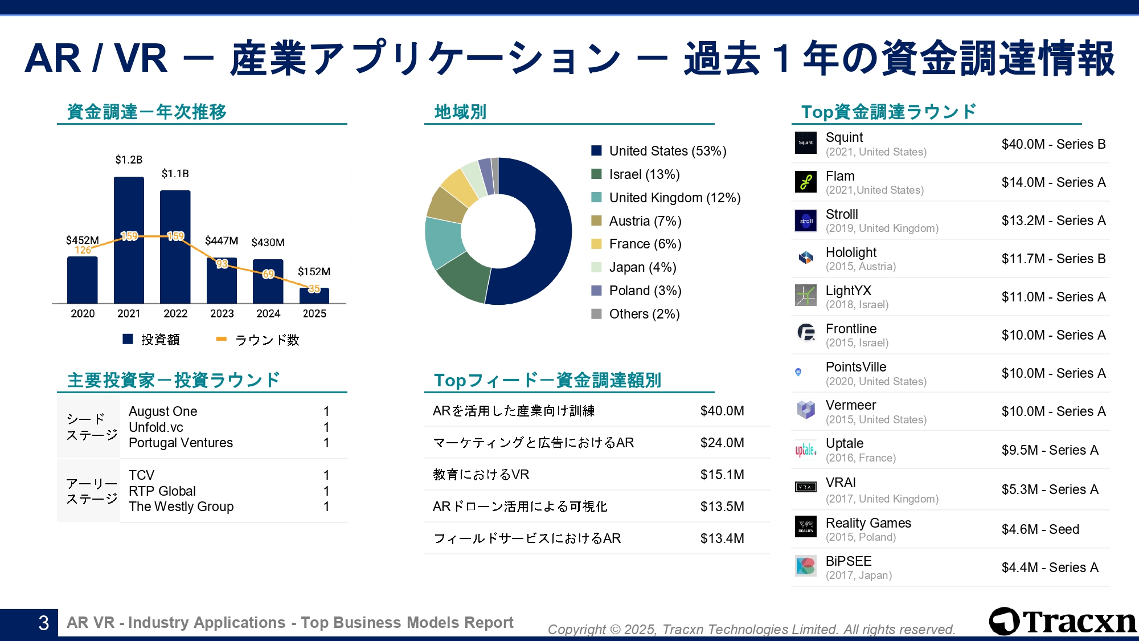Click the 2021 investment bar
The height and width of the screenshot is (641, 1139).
pos(129,239)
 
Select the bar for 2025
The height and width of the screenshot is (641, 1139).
pos(314,296)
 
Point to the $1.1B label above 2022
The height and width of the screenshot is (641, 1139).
pos(175,174)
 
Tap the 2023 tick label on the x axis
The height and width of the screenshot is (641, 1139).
pos(222,313)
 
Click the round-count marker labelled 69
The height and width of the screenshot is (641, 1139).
pos(268,274)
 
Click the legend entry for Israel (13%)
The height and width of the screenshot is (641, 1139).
pos(644,174)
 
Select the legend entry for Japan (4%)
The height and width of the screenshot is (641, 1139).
pos(642,267)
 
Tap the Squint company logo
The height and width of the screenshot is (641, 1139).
pos(806,143)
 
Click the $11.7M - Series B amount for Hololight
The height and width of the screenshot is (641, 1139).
pos(1053,259)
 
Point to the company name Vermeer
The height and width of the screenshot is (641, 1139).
pos(851,405)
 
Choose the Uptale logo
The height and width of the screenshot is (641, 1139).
pos(806,450)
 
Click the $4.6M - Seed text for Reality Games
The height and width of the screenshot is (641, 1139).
pos(1040,529)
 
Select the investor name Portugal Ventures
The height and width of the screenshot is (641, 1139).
pos(181,443)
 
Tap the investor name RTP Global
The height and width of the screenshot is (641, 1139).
pos(162,491)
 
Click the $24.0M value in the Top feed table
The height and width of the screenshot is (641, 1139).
pos(722,443)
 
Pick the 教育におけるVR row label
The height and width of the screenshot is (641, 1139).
pos(481,475)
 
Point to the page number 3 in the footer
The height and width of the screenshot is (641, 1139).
pos(43,623)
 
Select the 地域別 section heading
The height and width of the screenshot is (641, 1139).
pos(460,112)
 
